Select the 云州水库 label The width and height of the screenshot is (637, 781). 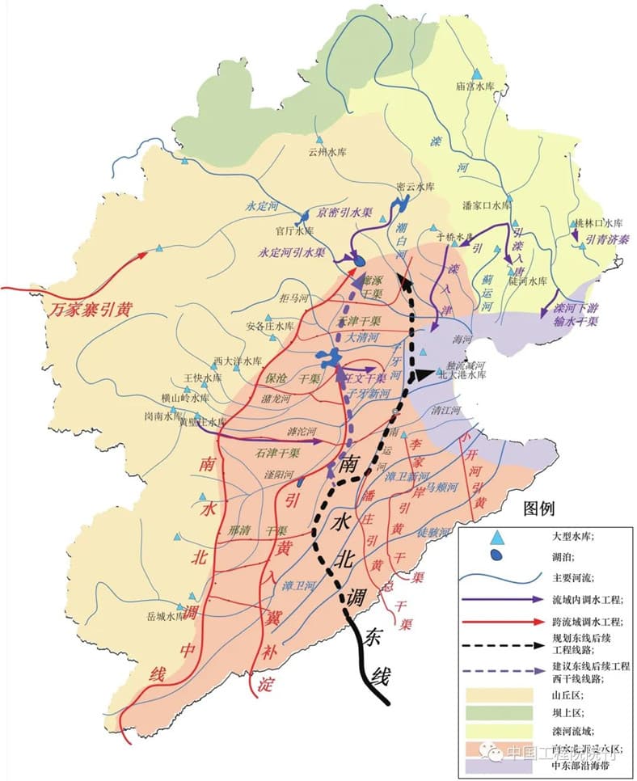pos(327,150)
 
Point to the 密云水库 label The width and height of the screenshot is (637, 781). pos(416,186)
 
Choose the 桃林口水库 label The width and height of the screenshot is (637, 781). pos(597,223)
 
